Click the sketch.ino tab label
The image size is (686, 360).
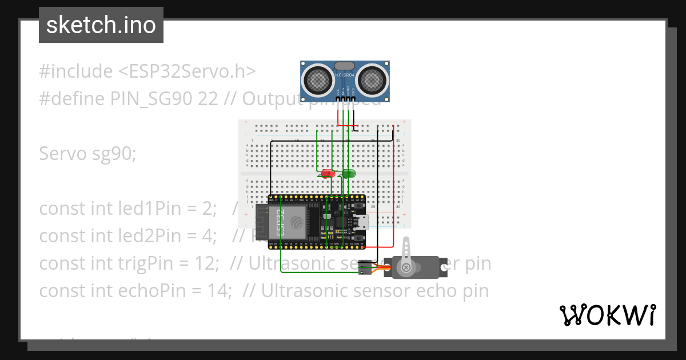pos(101,25)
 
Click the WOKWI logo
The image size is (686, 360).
pos(608,315)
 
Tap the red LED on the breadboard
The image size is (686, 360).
pos(328,173)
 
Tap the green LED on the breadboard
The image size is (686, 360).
pos(349,173)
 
